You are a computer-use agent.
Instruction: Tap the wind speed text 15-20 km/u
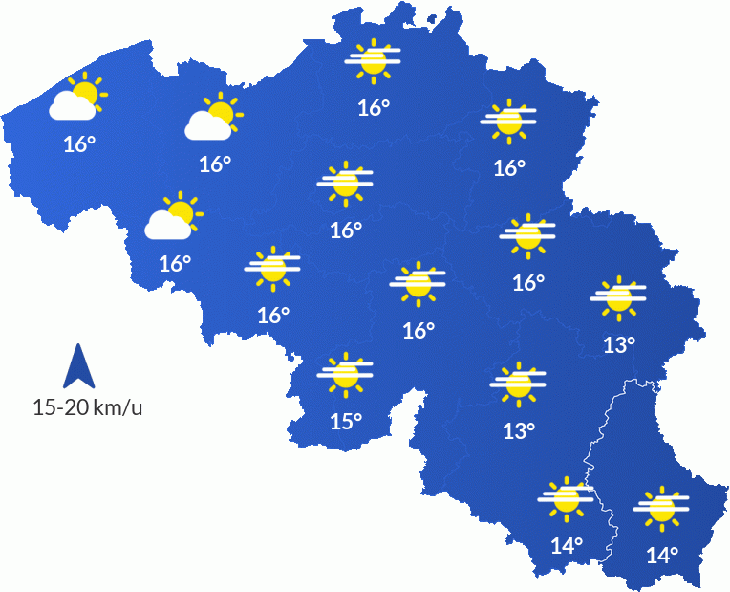pos(87,407)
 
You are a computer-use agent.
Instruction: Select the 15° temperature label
pos(346,420)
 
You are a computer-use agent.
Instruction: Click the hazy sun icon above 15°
pos(345,374)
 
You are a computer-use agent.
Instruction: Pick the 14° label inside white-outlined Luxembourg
pos(661,554)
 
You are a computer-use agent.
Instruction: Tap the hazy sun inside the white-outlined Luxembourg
pos(661,507)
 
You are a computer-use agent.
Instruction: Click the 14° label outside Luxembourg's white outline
pos(567,545)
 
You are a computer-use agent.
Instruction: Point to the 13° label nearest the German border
pos(619,344)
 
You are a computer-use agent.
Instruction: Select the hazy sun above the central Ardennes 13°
pos(518,383)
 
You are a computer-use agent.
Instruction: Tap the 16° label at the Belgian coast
pos(79,144)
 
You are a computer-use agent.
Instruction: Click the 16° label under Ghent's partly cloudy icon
pos(215,164)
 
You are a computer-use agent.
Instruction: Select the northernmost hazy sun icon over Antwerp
pos(373,59)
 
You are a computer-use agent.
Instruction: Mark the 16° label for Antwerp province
pos(374,107)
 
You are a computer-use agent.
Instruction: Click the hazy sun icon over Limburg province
pos(508,121)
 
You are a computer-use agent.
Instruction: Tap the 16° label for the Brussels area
pos(346,230)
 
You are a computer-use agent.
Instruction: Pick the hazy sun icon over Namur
pos(419,282)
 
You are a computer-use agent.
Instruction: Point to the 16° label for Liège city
pos(527,282)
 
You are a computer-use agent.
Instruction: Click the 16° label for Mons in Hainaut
pos(273,315)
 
